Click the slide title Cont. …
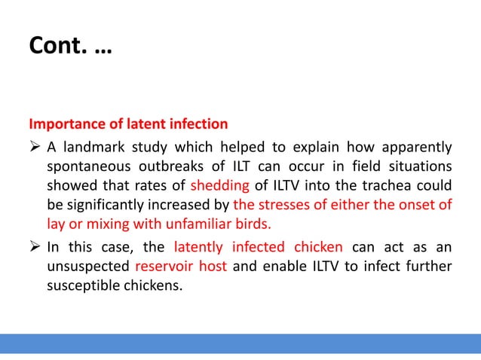(x=68, y=47)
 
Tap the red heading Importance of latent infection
(x=128, y=123)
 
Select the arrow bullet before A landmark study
(x=35, y=145)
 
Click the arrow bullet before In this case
(x=35, y=246)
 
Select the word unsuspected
(x=87, y=267)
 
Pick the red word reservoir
(x=164, y=267)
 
